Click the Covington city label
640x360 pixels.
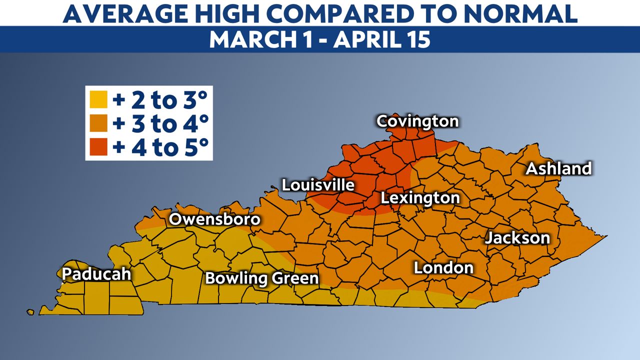point(417,121)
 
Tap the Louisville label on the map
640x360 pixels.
point(318,185)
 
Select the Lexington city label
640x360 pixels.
point(420,197)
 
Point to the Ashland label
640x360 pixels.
point(558,168)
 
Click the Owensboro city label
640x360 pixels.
point(214,219)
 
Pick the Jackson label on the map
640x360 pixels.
point(517,237)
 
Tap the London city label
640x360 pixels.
point(443,268)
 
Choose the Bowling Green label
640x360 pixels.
point(262,278)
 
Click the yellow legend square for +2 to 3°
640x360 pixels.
point(98,100)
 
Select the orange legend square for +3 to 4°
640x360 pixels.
point(98,123)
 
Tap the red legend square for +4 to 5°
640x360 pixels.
point(98,147)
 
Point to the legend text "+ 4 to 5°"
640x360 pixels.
point(160,147)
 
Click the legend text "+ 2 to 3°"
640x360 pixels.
point(160,100)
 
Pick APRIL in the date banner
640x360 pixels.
point(364,39)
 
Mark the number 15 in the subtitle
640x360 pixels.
point(417,39)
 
